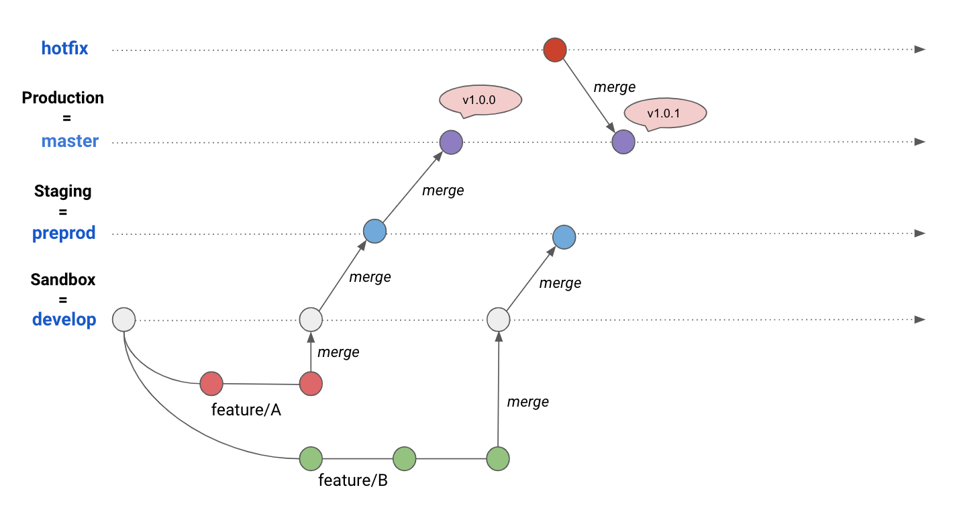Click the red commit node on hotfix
pos(555,50)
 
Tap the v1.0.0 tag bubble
pos(481,101)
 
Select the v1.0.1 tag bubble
pos(665,113)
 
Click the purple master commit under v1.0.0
pos(451,142)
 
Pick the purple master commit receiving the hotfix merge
pos(623,142)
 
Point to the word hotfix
pos(64,48)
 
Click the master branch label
pos(70,141)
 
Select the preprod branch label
pos(64,234)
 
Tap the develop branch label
pos(64,319)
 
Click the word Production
pos(63,98)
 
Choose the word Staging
pos(63,191)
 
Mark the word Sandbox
pos(63,280)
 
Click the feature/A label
pos(246,410)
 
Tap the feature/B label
pos(353,480)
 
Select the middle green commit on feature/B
pos(404,459)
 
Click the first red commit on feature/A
pos(211,384)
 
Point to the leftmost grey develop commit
pos(124,319)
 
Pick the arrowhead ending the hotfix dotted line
pos(920,50)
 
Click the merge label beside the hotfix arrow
pos(614,87)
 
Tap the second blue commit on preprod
pos(564,237)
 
